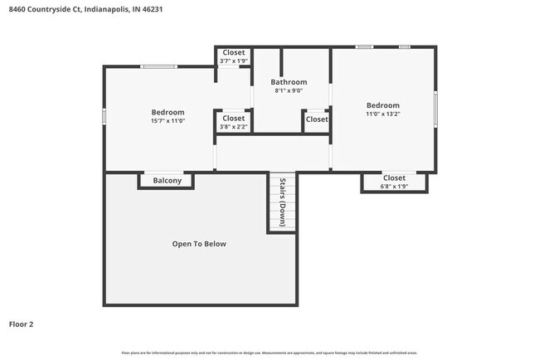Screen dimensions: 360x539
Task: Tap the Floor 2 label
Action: tap(22, 324)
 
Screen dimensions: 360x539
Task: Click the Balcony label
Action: tap(167, 180)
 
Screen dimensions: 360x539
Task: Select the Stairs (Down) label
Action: tap(282, 202)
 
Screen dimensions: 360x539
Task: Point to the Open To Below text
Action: tap(199, 244)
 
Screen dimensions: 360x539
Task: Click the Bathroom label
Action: tap(289, 82)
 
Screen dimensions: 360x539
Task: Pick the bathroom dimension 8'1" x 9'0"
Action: tap(289, 90)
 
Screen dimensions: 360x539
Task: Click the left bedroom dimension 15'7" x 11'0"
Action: tap(168, 120)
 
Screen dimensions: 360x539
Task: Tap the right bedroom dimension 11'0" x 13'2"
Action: tap(383, 114)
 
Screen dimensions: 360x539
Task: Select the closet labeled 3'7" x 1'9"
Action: tap(233, 61)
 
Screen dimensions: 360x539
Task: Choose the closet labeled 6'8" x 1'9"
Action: tap(394, 186)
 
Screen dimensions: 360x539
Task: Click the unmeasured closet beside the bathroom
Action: tap(316, 119)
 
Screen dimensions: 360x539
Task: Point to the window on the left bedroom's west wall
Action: tap(104, 117)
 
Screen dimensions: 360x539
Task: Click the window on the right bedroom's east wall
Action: tap(436, 109)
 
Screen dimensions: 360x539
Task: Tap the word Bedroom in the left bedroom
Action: tap(168, 112)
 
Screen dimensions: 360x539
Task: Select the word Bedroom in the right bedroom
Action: tap(383, 105)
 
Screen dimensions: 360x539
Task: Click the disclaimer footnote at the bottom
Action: tap(269, 352)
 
